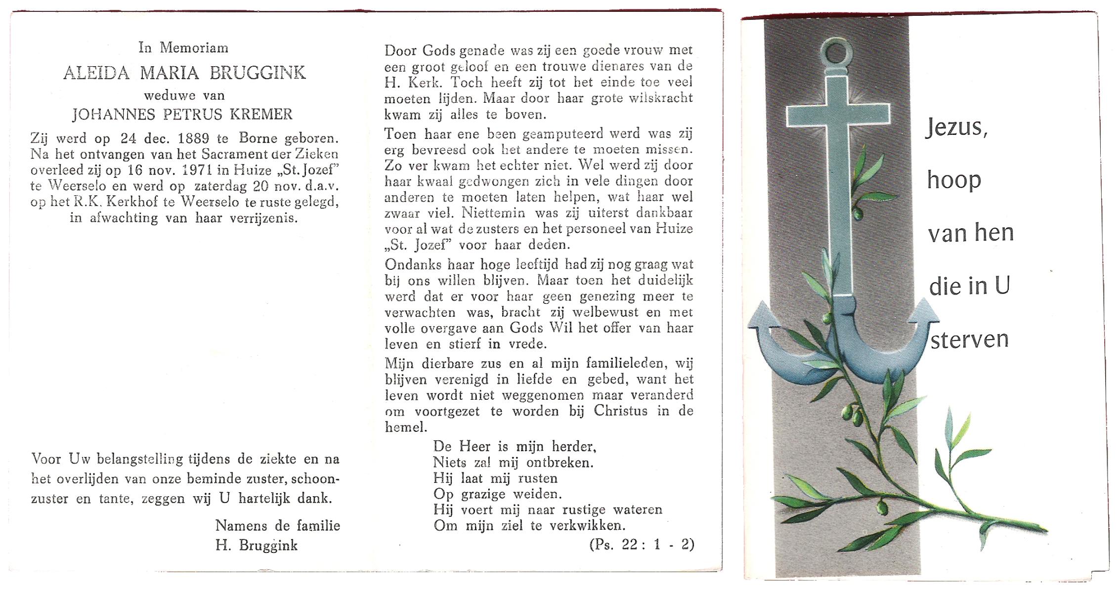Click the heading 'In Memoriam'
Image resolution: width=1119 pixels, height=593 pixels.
click(x=183, y=48)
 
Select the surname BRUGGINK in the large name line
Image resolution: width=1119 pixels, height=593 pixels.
click(x=258, y=73)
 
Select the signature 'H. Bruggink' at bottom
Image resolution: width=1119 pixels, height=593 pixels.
click(x=257, y=546)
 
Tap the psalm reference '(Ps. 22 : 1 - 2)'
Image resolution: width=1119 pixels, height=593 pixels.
click(x=642, y=545)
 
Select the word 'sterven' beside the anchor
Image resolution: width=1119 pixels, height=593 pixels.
click(x=969, y=340)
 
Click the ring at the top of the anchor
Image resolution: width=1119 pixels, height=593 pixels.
click(x=836, y=52)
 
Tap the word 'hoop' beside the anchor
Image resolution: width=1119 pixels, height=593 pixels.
click(x=954, y=180)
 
